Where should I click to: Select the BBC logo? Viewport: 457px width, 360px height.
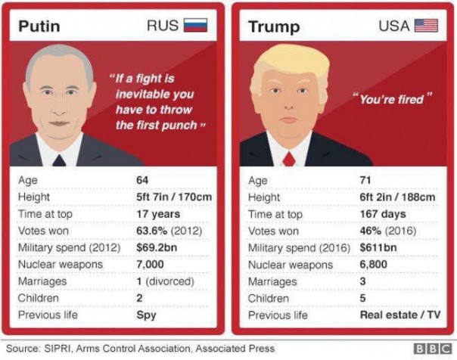[x=433, y=349]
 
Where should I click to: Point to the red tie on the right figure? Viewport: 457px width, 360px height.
[x=288, y=158]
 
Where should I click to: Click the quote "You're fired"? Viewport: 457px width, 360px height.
[x=391, y=99]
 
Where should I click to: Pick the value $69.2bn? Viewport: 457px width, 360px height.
[x=154, y=248]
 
